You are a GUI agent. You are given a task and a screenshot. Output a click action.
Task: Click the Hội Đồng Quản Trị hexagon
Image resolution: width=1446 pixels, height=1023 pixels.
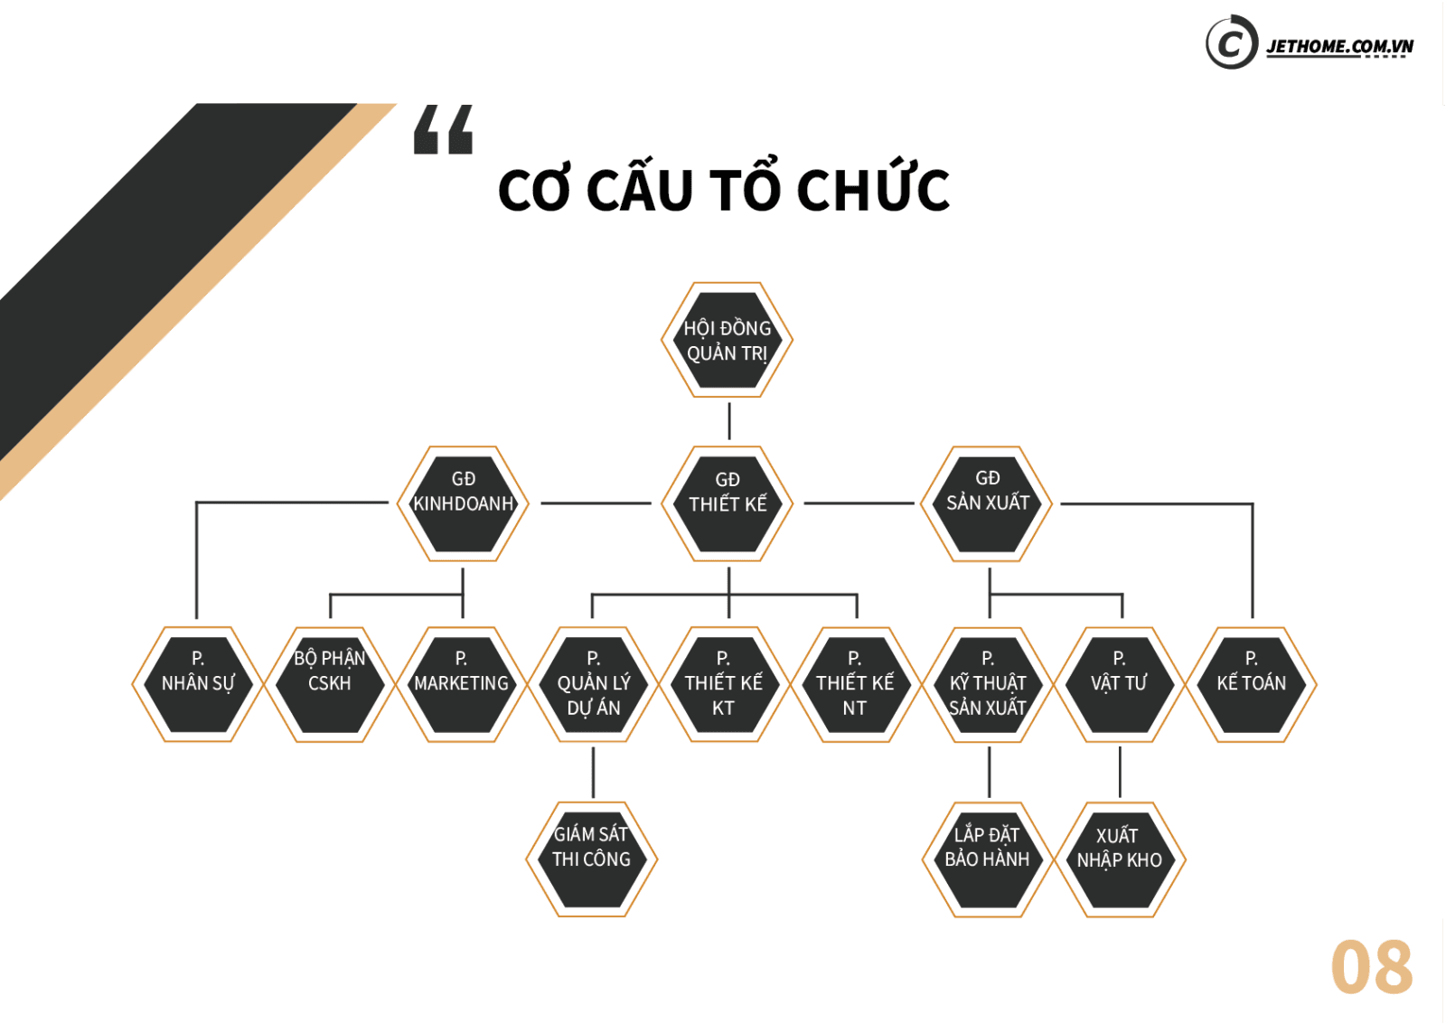click(728, 340)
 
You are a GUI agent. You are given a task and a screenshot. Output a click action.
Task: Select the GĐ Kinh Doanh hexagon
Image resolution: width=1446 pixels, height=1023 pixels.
click(463, 504)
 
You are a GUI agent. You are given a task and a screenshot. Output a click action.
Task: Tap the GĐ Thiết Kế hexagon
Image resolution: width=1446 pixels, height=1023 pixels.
click(728, 504)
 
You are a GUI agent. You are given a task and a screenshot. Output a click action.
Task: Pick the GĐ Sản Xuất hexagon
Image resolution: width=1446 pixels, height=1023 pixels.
click(987, 504)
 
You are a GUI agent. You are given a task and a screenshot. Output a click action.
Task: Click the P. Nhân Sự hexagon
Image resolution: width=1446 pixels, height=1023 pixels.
click(198, 684)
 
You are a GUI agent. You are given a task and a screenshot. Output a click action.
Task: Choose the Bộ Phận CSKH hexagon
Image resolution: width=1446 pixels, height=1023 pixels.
click(330, 684)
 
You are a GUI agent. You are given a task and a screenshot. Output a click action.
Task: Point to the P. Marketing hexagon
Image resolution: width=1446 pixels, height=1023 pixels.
click(462, 684)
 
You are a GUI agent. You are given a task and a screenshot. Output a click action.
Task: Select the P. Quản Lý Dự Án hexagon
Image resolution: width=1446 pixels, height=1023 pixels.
click(593, 684)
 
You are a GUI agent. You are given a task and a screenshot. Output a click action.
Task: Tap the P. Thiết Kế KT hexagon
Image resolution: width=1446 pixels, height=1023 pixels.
click(724, 684)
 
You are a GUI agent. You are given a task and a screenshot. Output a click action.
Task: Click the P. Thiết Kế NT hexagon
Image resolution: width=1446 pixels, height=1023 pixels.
click(855, 684)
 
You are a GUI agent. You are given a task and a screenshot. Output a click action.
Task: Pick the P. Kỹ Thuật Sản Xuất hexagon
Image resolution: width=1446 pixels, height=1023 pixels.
click(988, 684)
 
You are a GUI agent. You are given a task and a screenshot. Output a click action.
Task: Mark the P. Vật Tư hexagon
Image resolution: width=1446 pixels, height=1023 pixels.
click(1120, 684)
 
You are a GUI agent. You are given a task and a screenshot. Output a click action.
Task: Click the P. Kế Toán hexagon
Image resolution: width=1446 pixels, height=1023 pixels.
click(1251, 684)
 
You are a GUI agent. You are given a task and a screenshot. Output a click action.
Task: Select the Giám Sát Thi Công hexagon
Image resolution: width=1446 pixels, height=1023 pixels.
click(592, 859)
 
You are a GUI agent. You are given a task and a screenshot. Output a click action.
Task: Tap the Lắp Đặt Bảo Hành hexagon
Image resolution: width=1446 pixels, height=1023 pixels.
click(988, 859)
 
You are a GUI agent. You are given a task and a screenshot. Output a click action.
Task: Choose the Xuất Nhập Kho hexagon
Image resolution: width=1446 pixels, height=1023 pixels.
click(1120, 859)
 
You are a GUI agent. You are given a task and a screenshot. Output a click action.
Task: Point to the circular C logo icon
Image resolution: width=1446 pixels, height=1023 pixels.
click(1232, 42)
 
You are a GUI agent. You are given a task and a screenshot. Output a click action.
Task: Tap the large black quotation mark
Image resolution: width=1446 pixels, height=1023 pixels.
click(444, 130)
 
